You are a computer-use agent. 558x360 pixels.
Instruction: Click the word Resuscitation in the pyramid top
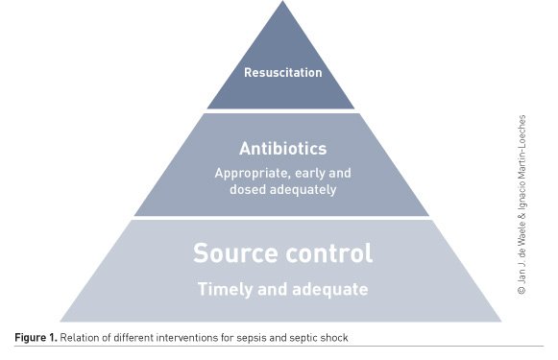pyautogui.click(x=281, y=72)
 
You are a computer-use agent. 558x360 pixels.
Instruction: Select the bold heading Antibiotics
pyautogui.click(x=281, y=149)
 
